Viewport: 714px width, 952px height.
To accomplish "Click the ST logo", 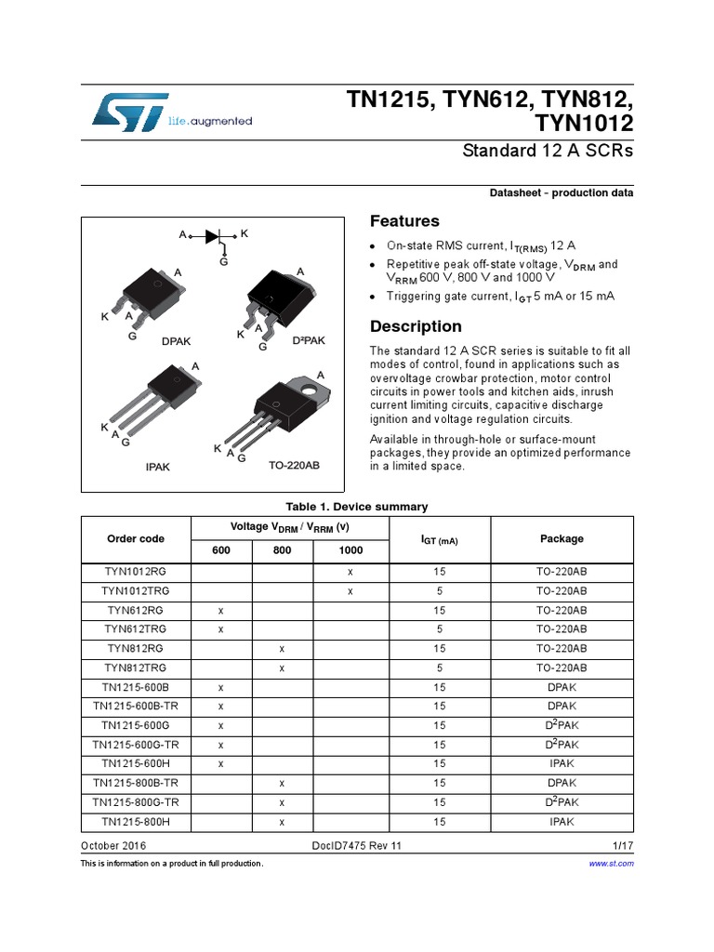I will point(130,111).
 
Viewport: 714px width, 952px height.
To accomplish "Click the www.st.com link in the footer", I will point(612,864).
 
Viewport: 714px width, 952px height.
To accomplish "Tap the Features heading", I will point(404,221).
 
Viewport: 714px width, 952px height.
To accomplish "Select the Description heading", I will point(416,326).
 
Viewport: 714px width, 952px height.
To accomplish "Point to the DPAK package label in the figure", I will point(176,341).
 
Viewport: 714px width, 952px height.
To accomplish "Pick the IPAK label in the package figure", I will point(158,468).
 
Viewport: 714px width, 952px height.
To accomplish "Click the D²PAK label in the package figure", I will point(309,341).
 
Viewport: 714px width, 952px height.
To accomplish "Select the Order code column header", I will point(136,539).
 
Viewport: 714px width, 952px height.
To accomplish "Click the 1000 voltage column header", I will point(350,550).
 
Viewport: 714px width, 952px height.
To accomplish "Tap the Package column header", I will point(562,539).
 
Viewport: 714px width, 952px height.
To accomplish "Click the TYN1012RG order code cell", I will point(136,572).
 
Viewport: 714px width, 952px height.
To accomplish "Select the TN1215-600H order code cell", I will point(136,764).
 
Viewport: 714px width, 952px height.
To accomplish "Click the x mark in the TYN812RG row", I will point(282,649).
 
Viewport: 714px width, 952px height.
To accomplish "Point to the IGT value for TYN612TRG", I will point(439,629).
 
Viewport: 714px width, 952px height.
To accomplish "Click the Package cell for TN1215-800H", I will point(562,822).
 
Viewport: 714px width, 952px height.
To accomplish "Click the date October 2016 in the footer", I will point(113,846).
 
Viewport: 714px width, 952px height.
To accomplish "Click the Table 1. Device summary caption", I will point(357,507).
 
